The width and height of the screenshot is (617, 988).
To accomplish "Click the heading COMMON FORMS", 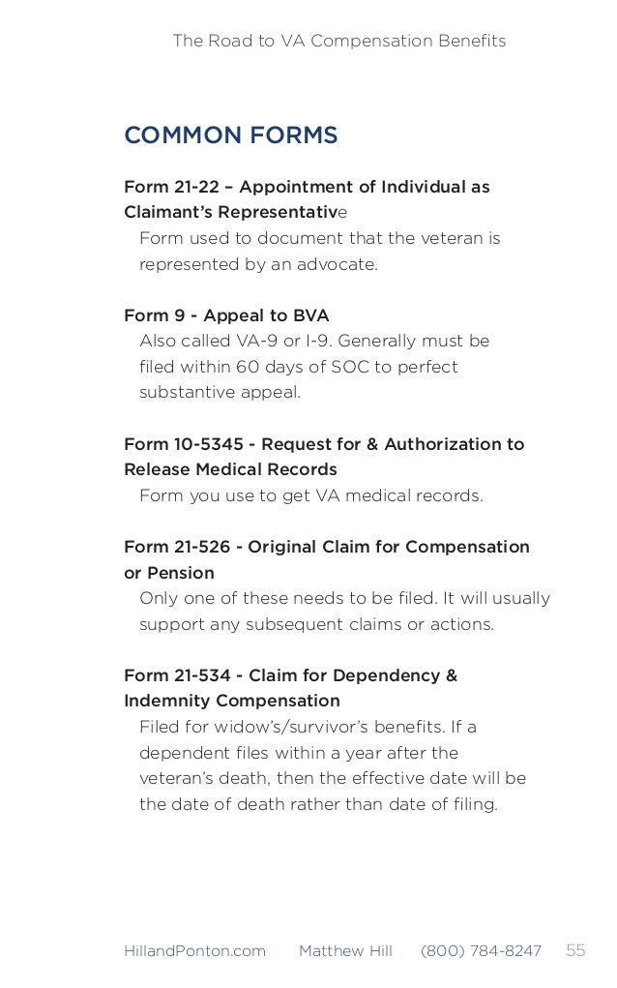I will point(230,135).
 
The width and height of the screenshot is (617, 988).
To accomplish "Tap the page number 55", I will point(575,950).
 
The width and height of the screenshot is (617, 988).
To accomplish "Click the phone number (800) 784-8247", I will point(481,951).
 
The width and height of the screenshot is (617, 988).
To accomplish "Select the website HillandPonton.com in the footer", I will point(194,951).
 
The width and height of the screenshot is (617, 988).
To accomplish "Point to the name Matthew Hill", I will point(345,951).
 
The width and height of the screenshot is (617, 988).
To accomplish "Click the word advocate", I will point(340,264).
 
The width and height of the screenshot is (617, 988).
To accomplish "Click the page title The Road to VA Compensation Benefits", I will point(338,41).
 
